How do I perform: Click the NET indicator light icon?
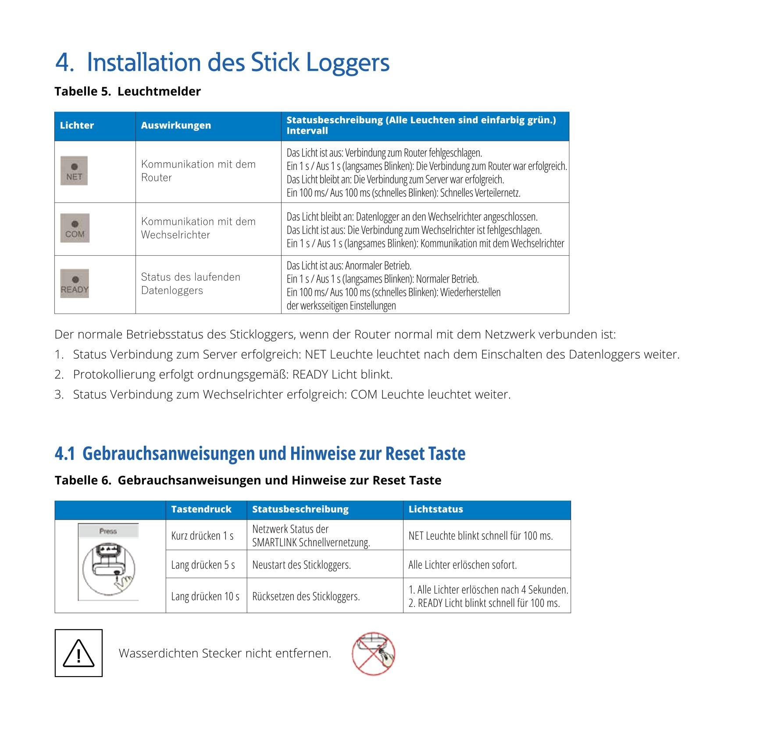(74, 171)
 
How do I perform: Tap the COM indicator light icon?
(75, 228)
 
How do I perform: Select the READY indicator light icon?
(75, 283)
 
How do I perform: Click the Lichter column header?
(77, 125)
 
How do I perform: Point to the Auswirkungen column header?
(176, 125)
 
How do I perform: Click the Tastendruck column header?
(201, 509)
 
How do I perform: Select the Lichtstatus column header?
(435, 509)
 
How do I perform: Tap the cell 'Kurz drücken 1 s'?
(202, 536)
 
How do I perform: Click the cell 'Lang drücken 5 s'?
(203, 565)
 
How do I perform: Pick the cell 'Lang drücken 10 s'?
(205, 596)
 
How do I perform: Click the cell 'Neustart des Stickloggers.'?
(301, 565)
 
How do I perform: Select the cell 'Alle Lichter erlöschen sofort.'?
(462, 565)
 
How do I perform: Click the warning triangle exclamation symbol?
(79, 653)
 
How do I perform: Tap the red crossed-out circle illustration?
(373, 653)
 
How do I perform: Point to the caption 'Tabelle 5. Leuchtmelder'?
(127, 91)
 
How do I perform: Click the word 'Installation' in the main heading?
(144, 62)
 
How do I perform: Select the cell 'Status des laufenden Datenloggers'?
(190, 283)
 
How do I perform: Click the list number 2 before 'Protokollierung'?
(59, 375)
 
